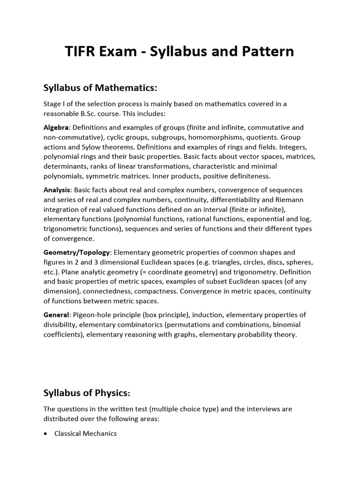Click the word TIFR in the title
pos(82,51)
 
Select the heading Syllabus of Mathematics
pos(100,88)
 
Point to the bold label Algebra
pos(56,127)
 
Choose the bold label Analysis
pos(57,190)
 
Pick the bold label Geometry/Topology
pos(77,252)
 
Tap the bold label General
pos(56,315)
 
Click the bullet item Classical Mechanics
pos(85,434)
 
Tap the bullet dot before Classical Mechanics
pos(45,434)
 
